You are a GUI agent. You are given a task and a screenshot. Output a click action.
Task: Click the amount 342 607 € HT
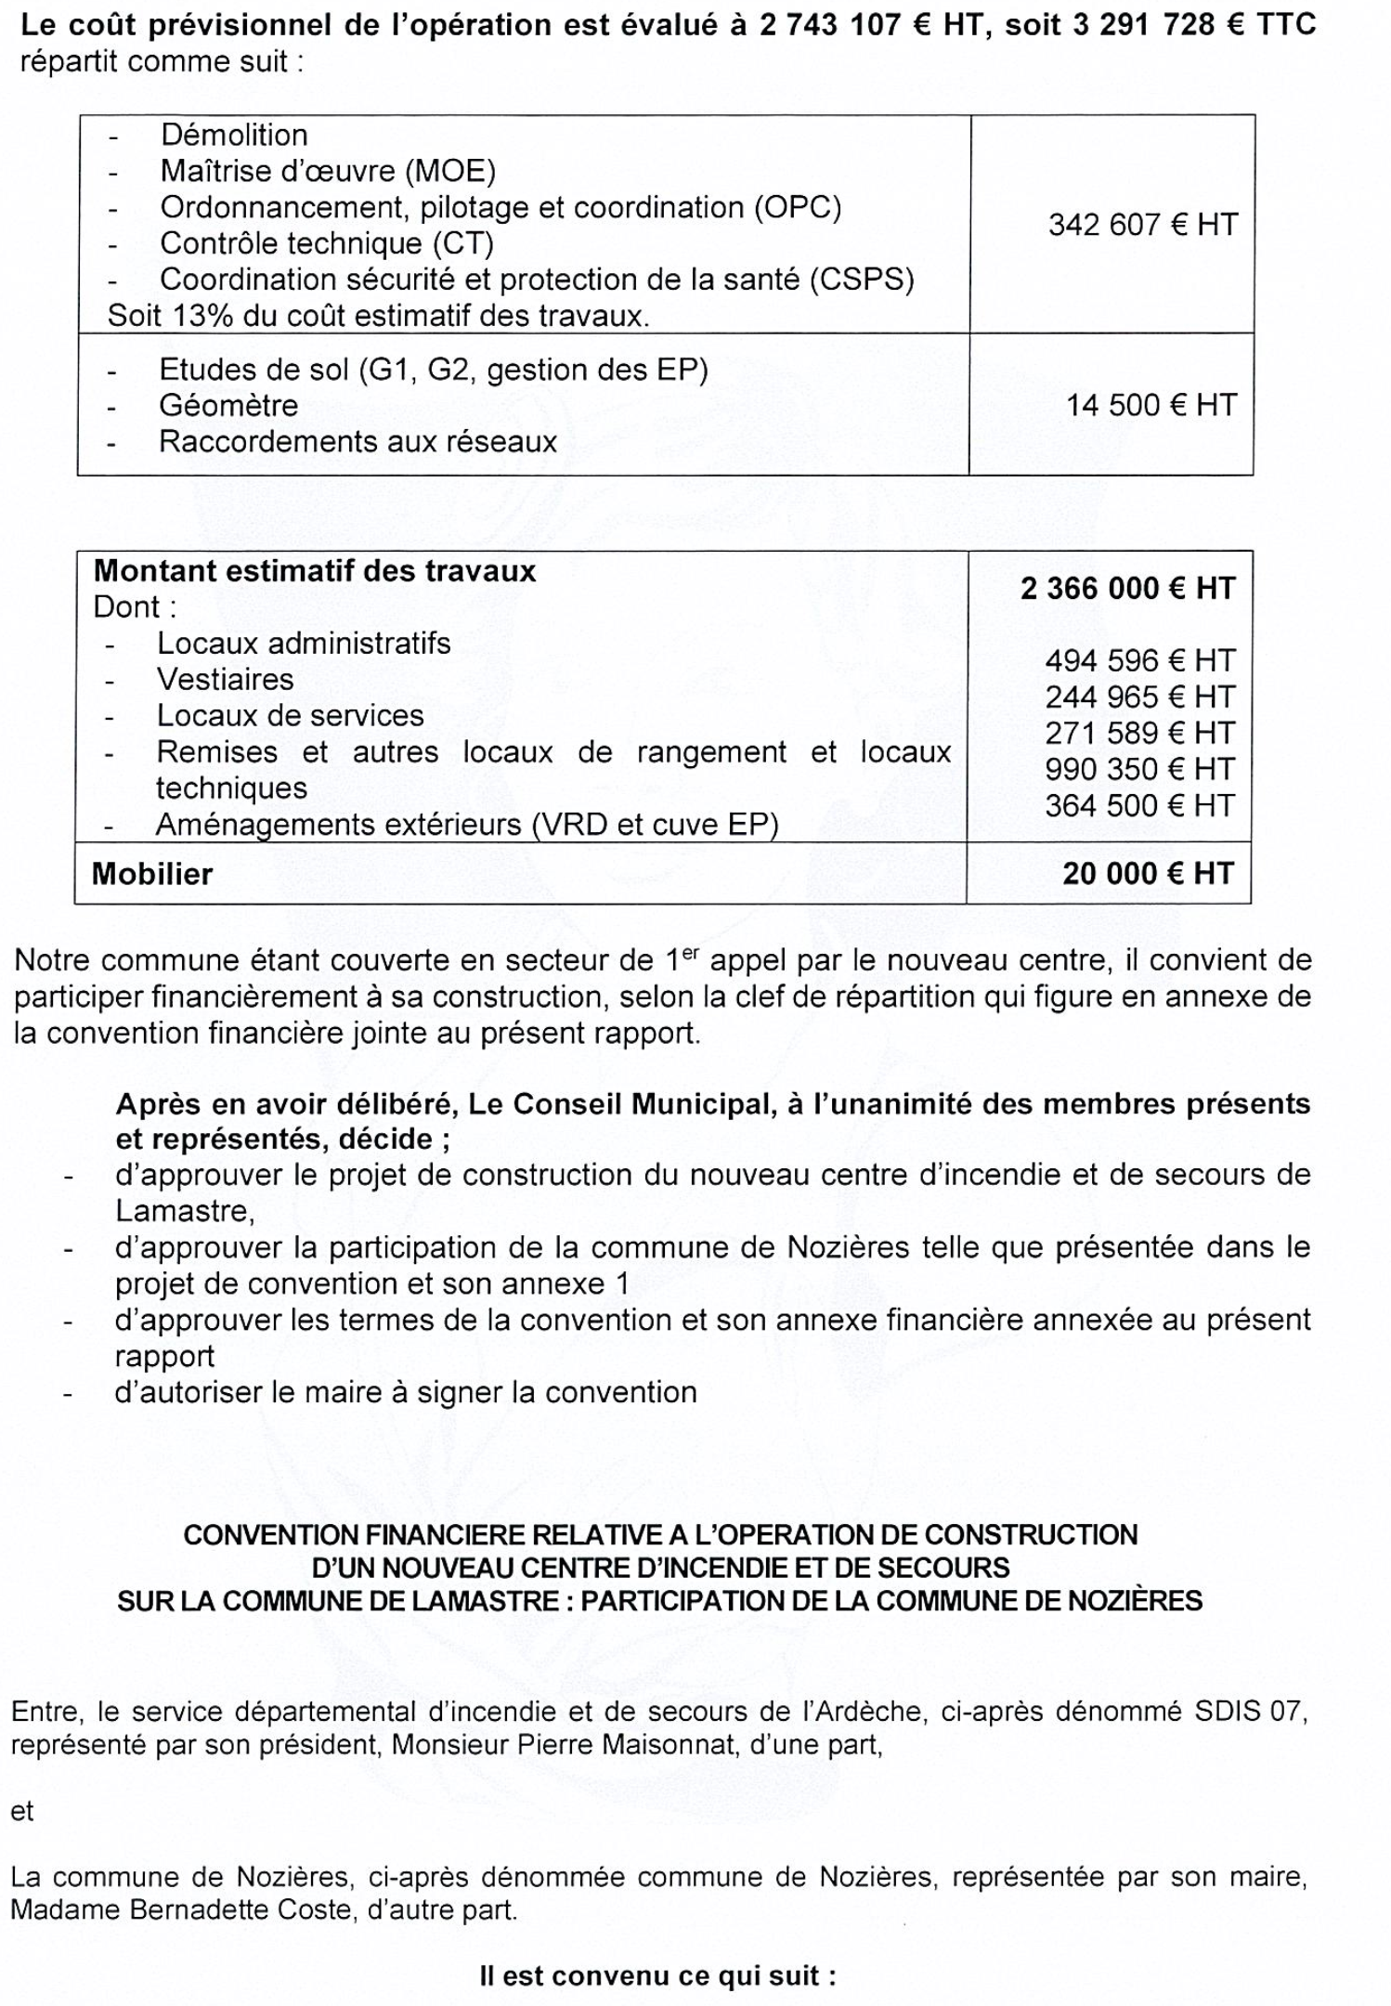coord(1142,225)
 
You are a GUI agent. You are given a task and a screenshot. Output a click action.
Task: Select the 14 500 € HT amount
coord(1150,405)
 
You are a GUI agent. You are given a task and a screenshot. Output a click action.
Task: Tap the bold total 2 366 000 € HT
coord(1127,588)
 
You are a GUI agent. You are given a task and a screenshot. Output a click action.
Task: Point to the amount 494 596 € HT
coord(1139,660)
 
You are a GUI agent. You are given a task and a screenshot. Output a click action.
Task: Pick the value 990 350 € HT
coord(1139,769)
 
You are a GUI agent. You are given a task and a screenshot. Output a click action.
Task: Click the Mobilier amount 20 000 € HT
coord(1148,873)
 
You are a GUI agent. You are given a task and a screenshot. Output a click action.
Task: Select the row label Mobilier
coord(152,874)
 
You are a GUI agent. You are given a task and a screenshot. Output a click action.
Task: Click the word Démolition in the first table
coord(233,136)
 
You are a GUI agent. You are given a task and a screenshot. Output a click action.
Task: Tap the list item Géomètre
coord(228,405)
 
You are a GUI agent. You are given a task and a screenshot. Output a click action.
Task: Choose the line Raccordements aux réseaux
coord(357,441)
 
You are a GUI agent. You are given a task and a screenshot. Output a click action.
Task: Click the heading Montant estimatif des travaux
coord(315,570)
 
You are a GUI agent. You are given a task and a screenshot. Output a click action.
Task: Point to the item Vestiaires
coord(225,679)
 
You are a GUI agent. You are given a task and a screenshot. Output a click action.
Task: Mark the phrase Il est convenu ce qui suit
coord(657,1975)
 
